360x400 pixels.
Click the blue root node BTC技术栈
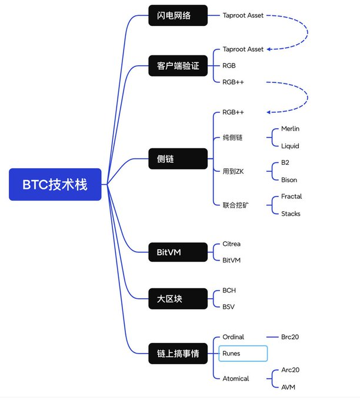(x=55, y=185)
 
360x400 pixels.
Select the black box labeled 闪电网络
(x=178, y=15)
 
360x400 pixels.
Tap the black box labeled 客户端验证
(x=178, y=66)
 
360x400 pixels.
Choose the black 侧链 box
(x=178, y=159)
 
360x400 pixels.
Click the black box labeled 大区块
(x=178, y=299)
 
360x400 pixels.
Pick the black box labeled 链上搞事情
(x=178, y=354)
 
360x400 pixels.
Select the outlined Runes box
(x=242, y=354)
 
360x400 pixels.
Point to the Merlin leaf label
(x=291, y=128)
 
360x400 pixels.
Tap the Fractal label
(x=291, y=196)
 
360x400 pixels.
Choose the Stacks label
(x=291, y=214)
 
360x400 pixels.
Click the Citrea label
(x=232, y=244)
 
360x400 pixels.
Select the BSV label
(x=229, y=306)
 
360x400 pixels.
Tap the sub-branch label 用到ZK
(x=229, y=171)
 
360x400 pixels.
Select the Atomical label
(x=236, y=378)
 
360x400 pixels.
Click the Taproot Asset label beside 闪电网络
(x=243, y=15)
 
